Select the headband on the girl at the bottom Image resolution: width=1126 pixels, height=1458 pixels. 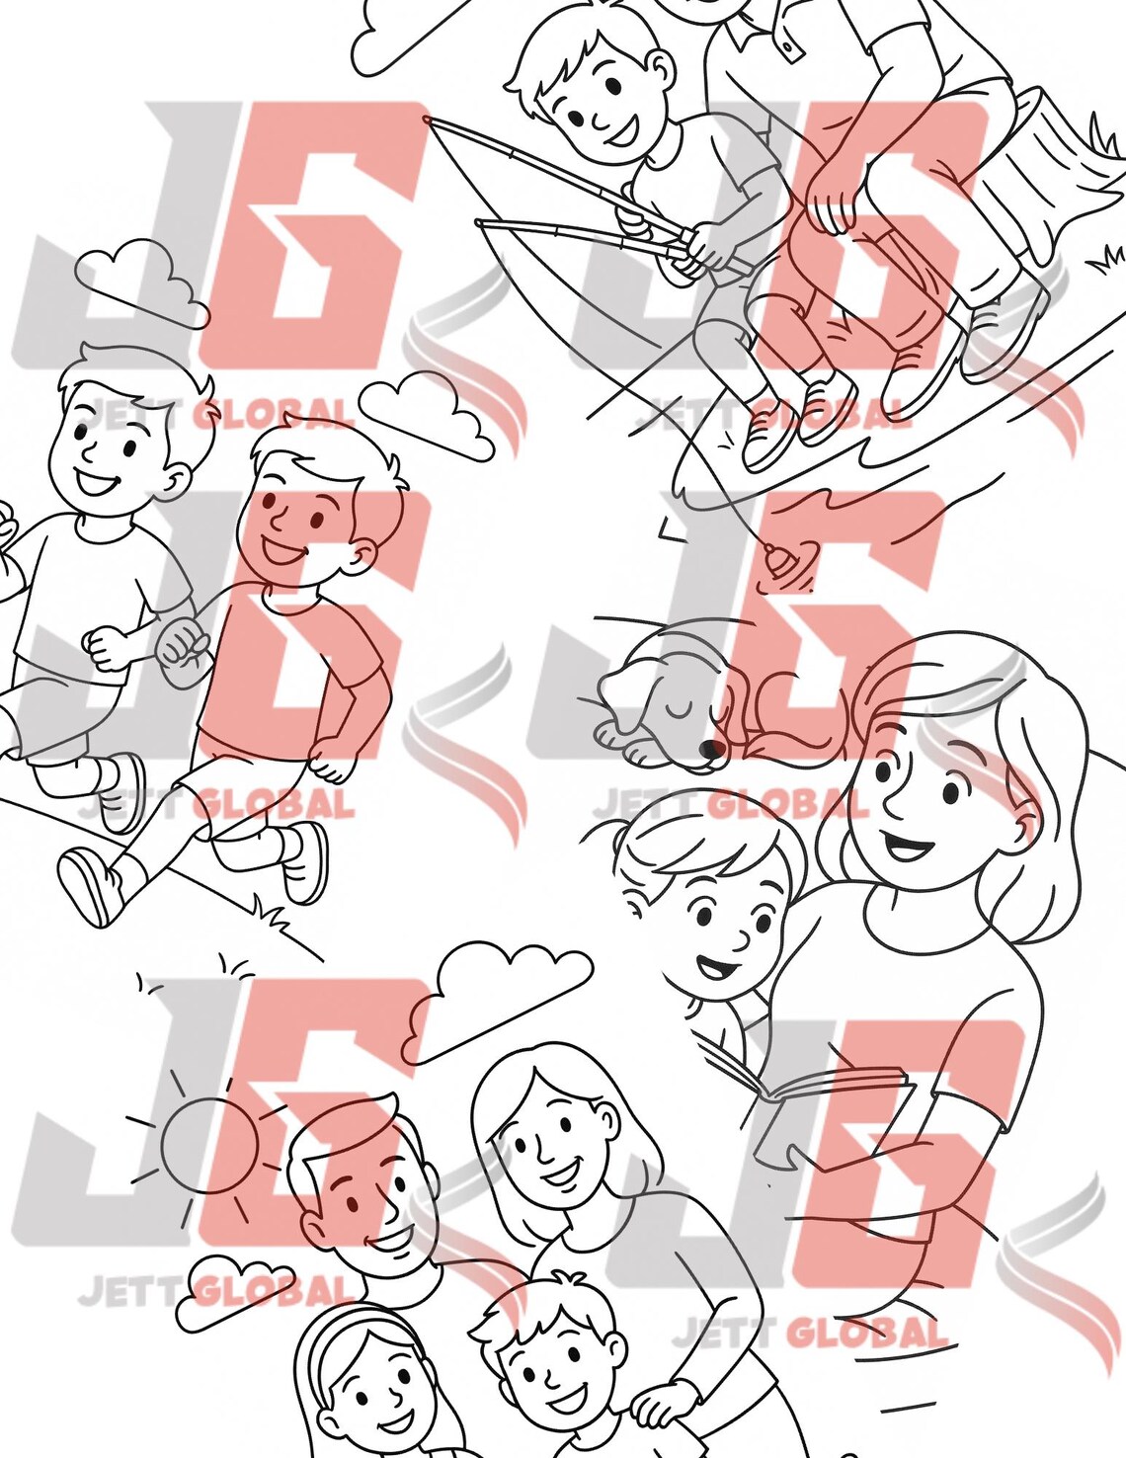pyautogui.click(x=341, y=1329)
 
